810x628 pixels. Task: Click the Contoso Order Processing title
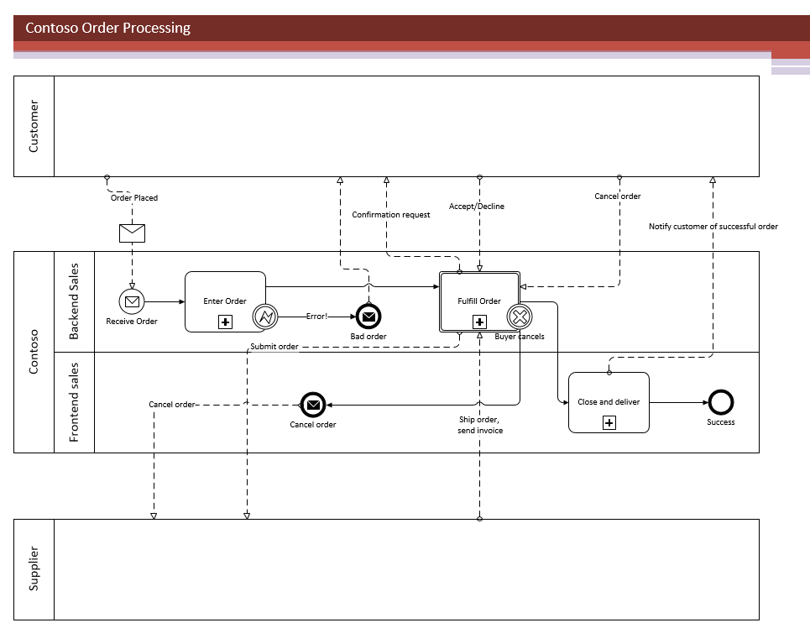pyautogui.click(x=108, y=28)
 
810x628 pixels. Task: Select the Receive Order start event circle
pyautogui.click(x=132, y=301)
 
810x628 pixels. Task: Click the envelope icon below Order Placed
pyautogui.click(x=132, y=233)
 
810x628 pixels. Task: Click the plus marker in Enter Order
pyautogui.click(x=225, y=322)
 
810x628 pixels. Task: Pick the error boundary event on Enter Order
pyautogui.click(x=265, y=317)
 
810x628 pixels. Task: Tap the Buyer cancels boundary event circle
pyautogui.click(x=520, y=317)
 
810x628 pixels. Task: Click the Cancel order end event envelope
pyautogui.click(x=313, y=405)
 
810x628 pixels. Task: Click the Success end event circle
pyautogui.click(x=720, y=402)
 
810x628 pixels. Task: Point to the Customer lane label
pyautogui.click(x=34, y=126)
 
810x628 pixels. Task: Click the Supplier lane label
pyautogui.click(x=34, y=568)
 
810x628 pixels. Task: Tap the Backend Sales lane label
pyautogui.click(x=74, y=301)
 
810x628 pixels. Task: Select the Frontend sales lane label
pyautogui.click(x=74, y=402)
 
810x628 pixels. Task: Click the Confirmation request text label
pyautogui.click(x=390, y=215)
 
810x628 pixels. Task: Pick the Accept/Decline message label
pyautogui.click(x=477, y=206)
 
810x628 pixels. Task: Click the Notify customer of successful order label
pyautogui.click(x=713, y=227)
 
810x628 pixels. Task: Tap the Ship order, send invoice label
pyautogui.click(x=478, y=425)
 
